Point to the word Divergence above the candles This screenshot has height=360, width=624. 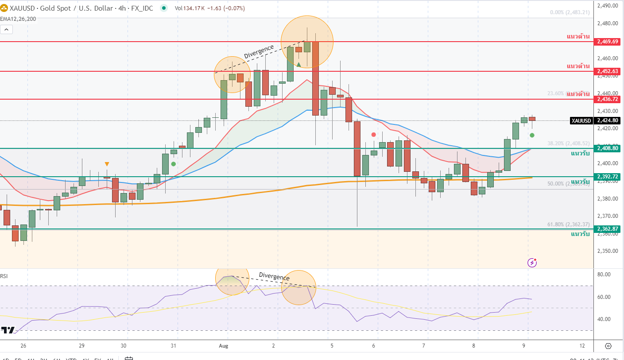259,51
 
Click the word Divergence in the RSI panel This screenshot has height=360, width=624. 274,276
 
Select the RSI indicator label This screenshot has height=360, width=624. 4,276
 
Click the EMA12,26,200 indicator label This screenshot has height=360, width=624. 18,19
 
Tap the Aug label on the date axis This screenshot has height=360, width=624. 224,346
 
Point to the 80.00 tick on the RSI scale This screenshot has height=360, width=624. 604,275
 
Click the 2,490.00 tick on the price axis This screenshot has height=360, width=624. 607,6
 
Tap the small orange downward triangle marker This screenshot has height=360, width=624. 107,164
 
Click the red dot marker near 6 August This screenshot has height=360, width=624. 374,134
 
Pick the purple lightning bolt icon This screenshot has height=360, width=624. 532,263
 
